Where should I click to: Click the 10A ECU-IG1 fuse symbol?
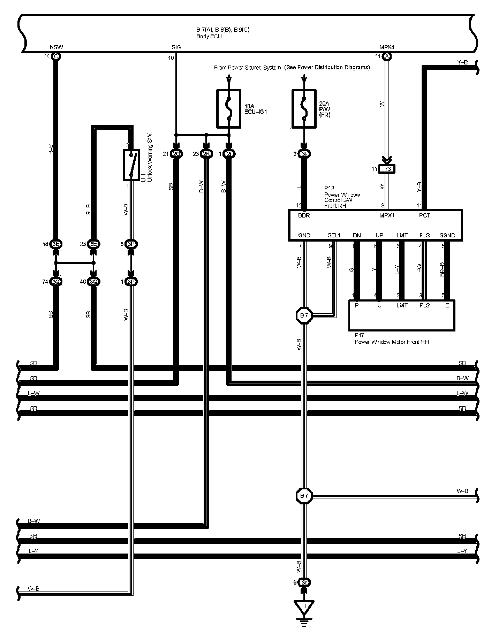(x=229, y=109)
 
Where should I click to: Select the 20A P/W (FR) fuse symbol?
(x=304, y=109)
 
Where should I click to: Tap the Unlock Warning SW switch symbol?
(x=131, y=165)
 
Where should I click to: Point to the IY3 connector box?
(x=387, y=169)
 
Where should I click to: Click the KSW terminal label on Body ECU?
(x=56, y=47)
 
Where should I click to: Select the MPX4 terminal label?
(x=387, y=47)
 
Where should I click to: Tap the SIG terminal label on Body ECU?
(x=176, y=47)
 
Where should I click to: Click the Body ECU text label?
(x=209, y=36)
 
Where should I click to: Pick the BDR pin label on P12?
(x=304, y=215)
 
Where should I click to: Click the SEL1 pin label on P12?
(x=334, y=235)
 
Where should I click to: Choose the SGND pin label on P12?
(x=447, y=235)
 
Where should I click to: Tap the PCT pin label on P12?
(x=424, y=215)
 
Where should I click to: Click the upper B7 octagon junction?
(x=304, y=316)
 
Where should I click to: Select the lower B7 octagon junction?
(x=304, y=496)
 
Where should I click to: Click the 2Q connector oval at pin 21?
(x=176, y=154)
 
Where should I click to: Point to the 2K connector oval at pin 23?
(x=206, y=154)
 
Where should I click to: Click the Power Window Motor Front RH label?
(x=392, y=342)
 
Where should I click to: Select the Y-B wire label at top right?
(x=462, y=62)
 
